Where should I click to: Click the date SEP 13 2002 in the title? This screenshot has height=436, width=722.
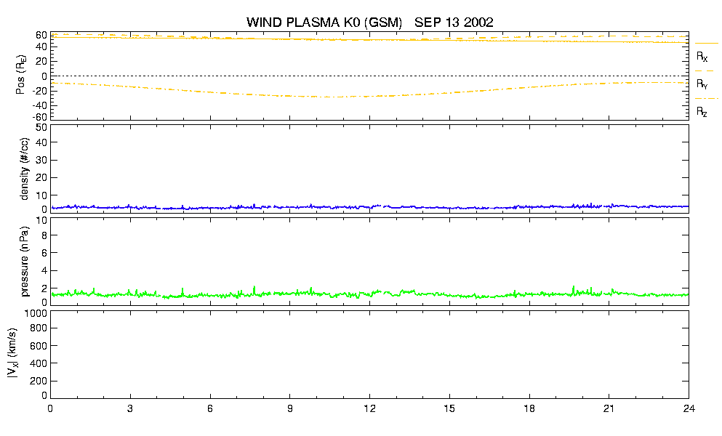click(454, 22)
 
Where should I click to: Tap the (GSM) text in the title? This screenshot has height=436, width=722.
click(383, 23)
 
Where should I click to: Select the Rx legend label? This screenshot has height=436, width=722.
click(702, 57)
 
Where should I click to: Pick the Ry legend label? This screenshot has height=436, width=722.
click(702, 84)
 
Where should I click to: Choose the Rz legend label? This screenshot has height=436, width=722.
click(702, 111)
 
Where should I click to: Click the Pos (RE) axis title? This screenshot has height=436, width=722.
click(21, 75)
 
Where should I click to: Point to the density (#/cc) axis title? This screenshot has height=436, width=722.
click(25, 169)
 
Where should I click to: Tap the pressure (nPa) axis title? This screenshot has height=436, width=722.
click(25, 261)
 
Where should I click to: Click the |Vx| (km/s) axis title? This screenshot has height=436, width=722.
click(12, 354)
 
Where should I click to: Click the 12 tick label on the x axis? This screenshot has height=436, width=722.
click(369, 408)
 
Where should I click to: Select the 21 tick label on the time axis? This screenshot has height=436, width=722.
click(609, 408)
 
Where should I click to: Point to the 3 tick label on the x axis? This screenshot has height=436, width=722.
click(130, 408)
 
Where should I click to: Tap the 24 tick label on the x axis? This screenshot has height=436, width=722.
click(689, 408)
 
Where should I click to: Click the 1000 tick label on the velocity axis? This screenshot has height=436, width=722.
click(36, 313)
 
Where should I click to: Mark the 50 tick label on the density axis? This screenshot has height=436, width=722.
click(41, 128)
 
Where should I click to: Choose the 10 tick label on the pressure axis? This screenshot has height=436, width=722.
click(41, 220)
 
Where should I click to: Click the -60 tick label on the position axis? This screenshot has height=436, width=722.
click(39, 116)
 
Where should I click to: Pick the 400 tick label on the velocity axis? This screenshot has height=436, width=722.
click(39, 363)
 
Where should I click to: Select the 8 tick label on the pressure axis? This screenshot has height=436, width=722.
click(44, 235)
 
